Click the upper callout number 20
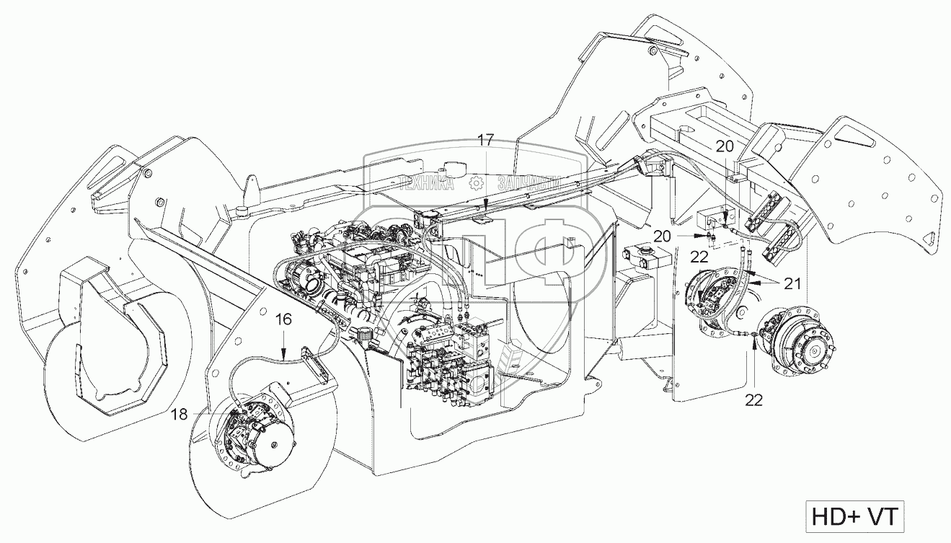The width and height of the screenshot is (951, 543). (x=725, y=145)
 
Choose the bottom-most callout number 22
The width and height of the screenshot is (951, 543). (x=753, y=397)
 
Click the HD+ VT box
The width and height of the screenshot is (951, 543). (x=854, y=518)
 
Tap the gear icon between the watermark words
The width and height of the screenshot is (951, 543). (x=476, y=185)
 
